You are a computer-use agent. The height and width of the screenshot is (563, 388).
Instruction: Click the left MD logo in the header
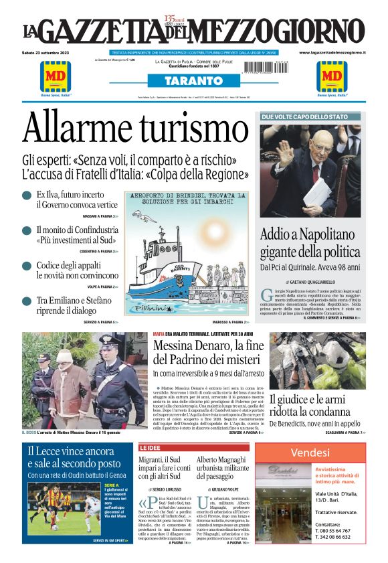pos(55,76)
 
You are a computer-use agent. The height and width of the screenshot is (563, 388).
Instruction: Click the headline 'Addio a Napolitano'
pos(308,235)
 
